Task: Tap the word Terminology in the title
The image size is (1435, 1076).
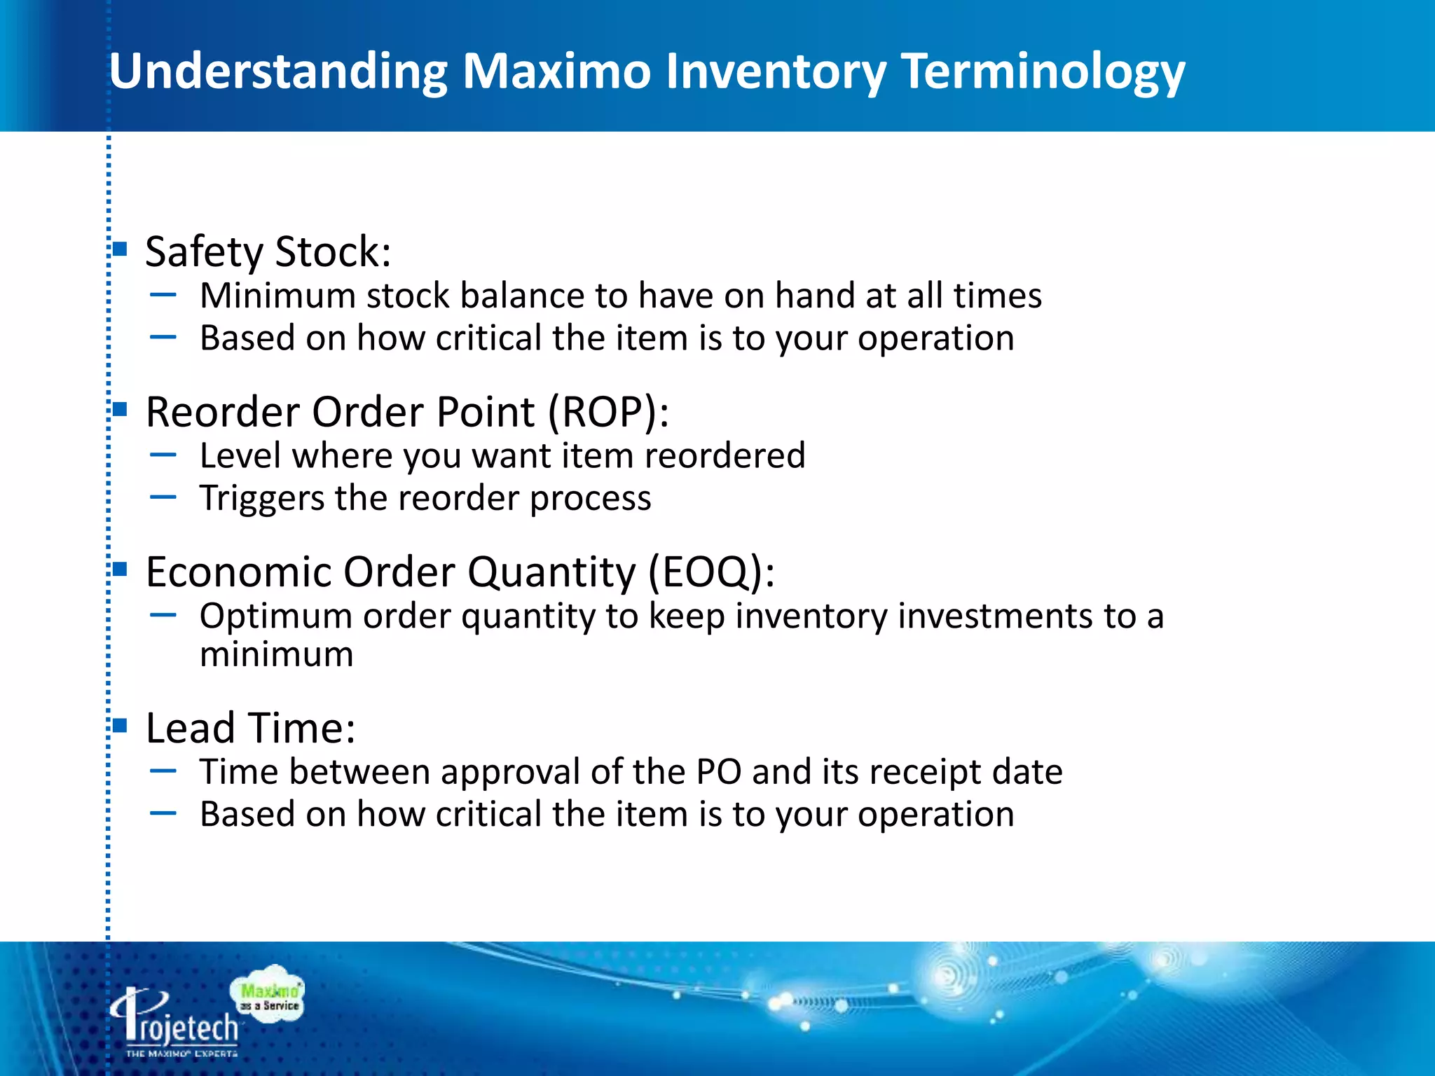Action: point(1043,73)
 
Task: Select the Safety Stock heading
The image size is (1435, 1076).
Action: point(268,251)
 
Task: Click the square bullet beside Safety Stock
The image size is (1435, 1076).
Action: point(120,249)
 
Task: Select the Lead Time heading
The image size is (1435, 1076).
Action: point(250,728)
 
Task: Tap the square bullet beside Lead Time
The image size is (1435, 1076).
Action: point(120,725)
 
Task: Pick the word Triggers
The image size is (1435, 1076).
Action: point(261,498)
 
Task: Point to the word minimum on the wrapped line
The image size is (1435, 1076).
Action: point(276,654)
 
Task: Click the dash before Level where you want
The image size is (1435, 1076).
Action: point(163,455)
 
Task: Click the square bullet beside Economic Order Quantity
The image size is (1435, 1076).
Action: point(120,569)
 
